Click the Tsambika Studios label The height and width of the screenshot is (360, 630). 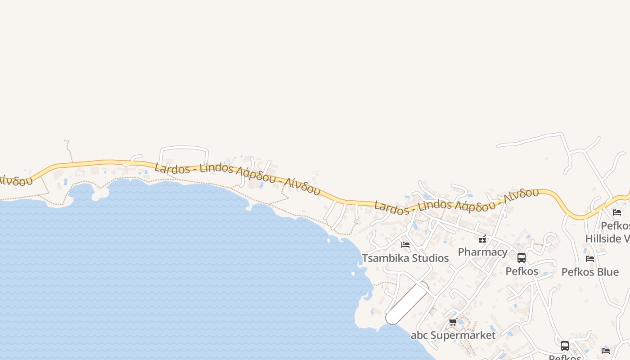(405, 258)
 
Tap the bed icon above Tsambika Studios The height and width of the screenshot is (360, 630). (405, 245)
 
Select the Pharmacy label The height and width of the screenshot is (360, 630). (482, 252)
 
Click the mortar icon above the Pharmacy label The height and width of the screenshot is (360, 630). (482, 239)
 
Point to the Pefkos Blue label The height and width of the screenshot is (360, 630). (590, 272)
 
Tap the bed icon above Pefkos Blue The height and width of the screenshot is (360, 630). (590, 259)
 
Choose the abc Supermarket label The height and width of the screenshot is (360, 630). (453, 335)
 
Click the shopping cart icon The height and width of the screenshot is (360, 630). (453, 322)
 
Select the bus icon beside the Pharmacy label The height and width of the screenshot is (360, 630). (522, 258)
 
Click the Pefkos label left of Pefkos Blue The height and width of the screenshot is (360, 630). (522, 271)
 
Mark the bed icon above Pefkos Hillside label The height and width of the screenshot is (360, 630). (617, 212)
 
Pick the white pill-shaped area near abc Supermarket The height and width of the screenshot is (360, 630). (407, 303)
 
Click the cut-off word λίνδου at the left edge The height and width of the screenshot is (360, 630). (16, 180)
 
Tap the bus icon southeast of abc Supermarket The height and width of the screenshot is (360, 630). (565, 346)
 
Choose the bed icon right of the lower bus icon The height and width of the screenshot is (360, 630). (606, 351)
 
